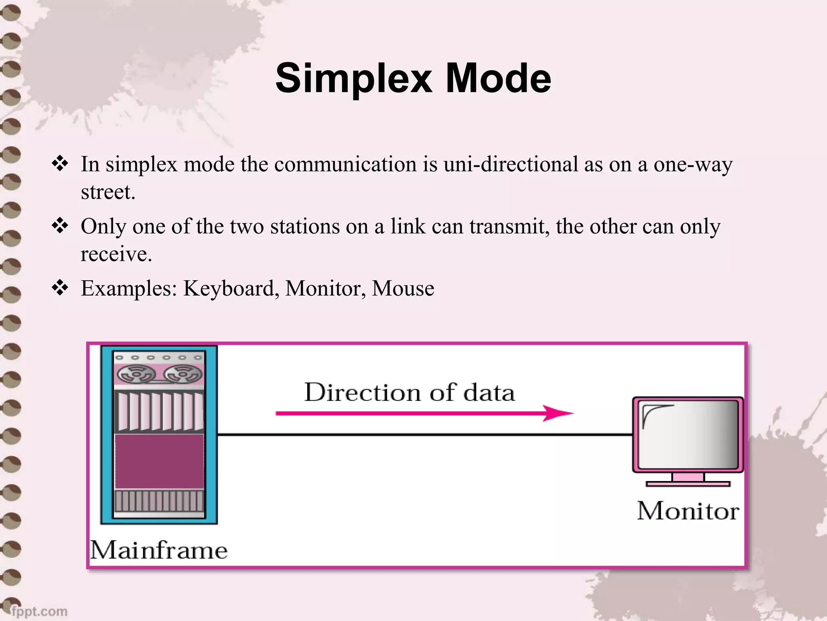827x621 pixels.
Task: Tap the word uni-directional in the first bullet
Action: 510,165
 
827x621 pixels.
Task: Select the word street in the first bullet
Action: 107,192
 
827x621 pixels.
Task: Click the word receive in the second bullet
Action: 115,254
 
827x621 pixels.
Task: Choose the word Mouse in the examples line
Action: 403,289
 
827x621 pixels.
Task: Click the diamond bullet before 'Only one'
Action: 60,226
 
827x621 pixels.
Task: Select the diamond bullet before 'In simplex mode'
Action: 60,164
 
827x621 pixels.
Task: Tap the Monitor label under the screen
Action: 688,511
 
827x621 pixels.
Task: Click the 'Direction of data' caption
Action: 409,392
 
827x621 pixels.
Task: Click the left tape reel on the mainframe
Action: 136,374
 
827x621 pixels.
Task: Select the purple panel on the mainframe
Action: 159,461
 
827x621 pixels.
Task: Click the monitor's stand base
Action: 688,484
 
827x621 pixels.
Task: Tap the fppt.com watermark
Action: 39,611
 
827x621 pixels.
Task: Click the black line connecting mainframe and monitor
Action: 424,435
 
